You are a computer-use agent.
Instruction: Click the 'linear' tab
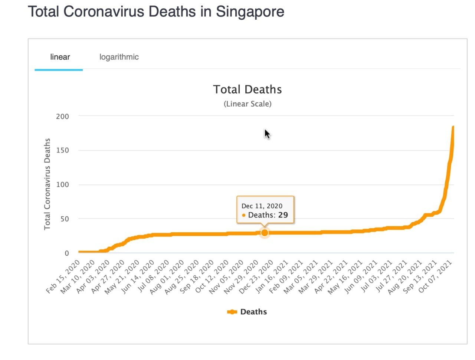click(60, 57)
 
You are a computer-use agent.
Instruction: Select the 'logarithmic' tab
click(119, 57)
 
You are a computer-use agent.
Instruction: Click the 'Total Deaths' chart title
click(247, 89)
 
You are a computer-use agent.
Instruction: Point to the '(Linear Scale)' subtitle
click(248, 104)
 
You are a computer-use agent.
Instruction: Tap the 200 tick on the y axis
click(62, 117)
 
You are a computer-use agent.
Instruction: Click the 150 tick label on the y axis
click(62, 150)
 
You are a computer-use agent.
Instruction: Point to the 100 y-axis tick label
click(62, 184)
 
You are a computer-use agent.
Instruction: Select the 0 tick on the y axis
click(67, 253)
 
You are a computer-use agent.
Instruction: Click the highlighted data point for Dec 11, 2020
click(264, 233)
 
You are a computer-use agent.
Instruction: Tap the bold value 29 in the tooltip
click(283, 215)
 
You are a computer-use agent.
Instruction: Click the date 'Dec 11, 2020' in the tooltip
click(262, 206)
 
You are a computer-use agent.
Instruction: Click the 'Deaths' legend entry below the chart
click(247, 311)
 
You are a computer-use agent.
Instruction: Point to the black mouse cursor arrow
click(267, 134)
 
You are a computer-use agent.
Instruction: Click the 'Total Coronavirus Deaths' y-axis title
click(47, 184)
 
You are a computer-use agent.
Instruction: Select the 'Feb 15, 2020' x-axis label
click(63, 276)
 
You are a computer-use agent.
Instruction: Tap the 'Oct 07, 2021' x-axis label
click(435, 276)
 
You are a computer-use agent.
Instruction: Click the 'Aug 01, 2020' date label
click(167, 277)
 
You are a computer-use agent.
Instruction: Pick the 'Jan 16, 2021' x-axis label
click(271, 276)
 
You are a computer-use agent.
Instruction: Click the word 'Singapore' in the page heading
click(250, 12)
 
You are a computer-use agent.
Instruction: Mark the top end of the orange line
click(453, 127)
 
